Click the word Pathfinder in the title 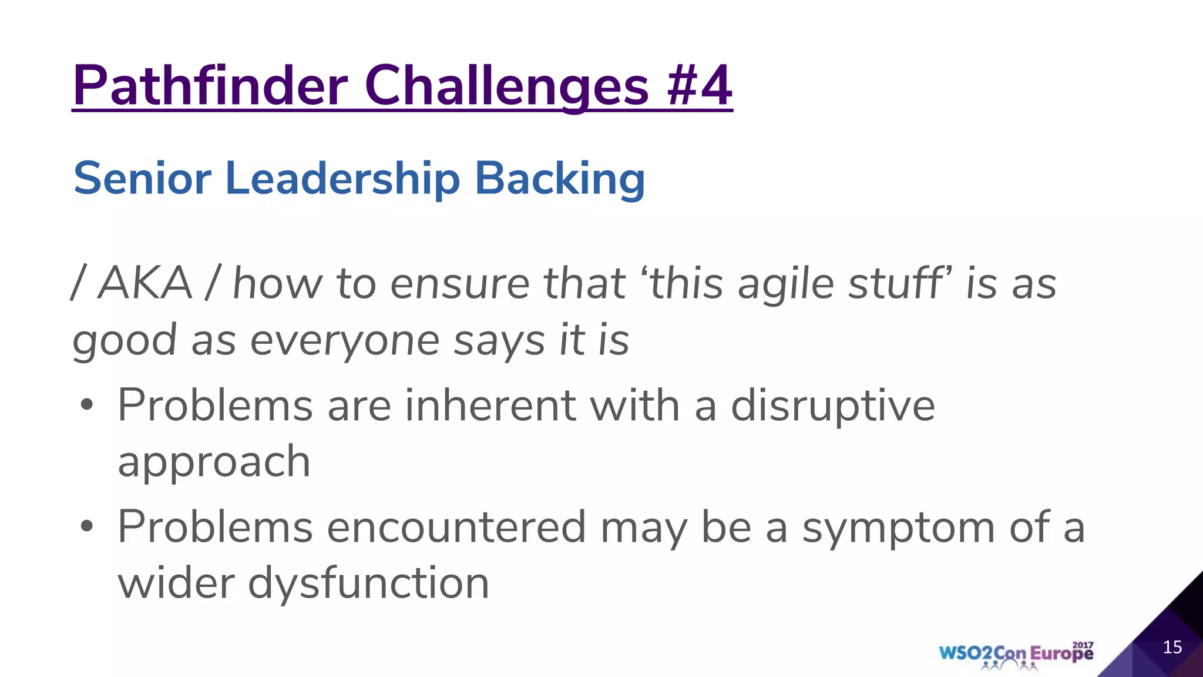click(210, 86)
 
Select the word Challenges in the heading click(506, 87)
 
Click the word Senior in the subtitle click(142, 178)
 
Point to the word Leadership click(342, 178)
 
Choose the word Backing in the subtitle click(559, 179)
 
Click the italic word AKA click(145, 283)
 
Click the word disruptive click(832, 405)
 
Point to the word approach click(214, 462)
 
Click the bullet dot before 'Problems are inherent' click(87, 405)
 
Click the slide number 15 click(1172, 647)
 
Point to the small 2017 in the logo click(1083, 645)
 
